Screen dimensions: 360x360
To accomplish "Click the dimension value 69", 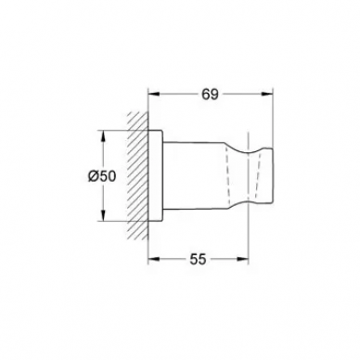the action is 211,95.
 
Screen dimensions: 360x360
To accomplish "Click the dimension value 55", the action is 198,259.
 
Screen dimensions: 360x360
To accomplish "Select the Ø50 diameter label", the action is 102,176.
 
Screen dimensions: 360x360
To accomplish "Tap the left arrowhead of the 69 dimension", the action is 155,95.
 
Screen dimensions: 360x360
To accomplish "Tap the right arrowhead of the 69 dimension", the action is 267,95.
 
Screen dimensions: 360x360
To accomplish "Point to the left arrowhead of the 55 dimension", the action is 155,259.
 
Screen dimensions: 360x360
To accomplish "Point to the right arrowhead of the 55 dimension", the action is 243,259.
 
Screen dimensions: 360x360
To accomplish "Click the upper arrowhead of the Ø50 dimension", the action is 103,136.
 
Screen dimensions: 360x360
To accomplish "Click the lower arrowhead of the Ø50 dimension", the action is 103,215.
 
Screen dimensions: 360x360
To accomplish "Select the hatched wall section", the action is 138,175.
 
